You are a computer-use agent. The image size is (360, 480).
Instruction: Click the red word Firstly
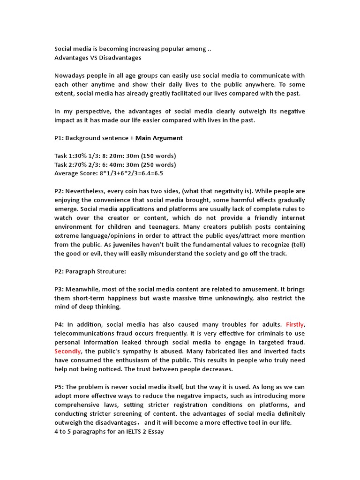[295, 324]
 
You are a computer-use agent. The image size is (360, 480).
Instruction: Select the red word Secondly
[68, 351]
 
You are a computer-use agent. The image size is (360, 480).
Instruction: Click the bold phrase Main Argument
[159, 138]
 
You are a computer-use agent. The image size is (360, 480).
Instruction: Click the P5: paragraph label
[60, 387]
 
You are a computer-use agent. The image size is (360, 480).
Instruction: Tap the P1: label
[60, 138]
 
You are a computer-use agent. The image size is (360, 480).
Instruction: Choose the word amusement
[251, 289]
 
